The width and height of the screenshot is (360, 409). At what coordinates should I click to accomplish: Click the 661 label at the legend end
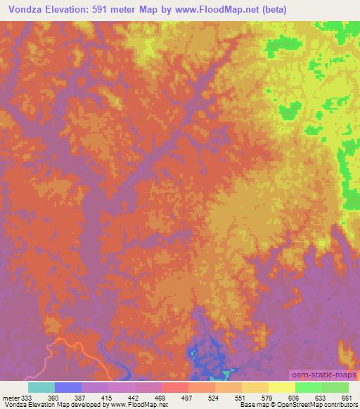pos(347,397)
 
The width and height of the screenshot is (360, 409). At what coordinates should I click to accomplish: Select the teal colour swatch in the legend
pos(41,387)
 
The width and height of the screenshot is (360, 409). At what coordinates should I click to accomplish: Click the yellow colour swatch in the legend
pos(281,387)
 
